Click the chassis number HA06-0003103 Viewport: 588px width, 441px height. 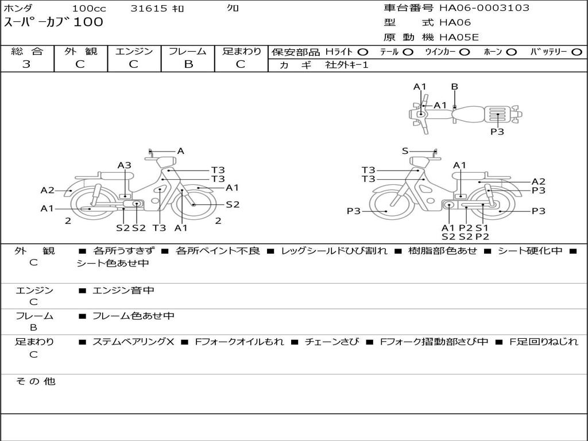point(484,7)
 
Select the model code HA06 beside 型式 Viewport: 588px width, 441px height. point(455,22)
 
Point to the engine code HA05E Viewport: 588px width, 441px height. point(459,37)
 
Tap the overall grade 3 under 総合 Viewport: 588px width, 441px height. point(26,64)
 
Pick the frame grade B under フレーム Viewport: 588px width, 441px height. point(188,64)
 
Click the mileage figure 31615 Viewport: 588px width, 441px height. point(149,8)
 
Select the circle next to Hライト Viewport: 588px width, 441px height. point(363,52)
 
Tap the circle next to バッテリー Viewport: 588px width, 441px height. point(577,52)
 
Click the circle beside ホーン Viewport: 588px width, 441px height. point(512,52)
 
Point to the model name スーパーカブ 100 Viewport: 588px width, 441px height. point(53,22)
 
